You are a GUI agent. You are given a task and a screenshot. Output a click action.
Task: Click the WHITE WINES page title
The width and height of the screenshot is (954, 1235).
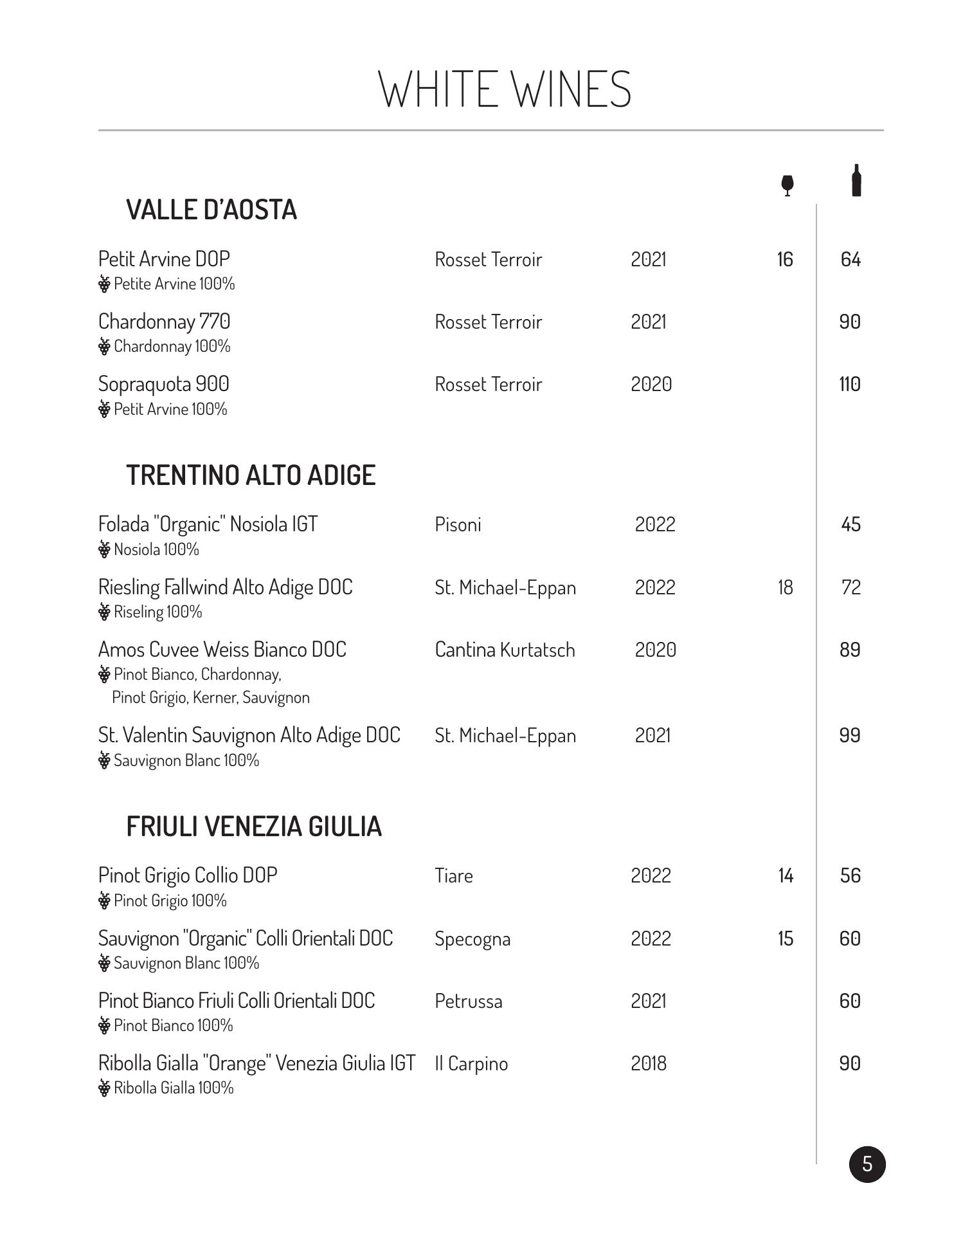click(x=505, y=89)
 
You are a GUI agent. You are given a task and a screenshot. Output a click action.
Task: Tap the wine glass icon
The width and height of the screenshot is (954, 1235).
click(x=787, y=185)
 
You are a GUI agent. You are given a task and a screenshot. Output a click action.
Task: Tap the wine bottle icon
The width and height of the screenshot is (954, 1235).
click(x=856, y=180)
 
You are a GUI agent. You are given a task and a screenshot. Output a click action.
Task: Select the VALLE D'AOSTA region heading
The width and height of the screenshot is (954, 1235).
click(x=212, y=210)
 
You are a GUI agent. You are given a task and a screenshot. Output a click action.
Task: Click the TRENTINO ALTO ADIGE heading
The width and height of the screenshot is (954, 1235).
click(x=251, y=475)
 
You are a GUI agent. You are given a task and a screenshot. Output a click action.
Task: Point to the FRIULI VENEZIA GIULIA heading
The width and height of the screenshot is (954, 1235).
click(x=254, y=827)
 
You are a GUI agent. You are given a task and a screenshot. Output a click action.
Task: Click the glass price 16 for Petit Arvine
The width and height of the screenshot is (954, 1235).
click(x=785, y=259)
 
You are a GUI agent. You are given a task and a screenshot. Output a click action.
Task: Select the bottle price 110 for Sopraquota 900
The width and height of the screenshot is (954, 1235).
click(x=850, y=384)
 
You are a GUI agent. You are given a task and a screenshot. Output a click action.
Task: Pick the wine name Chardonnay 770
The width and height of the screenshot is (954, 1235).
click(x=164, y=322)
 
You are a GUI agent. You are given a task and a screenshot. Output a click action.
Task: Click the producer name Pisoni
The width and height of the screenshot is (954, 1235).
click(x=458, y=525)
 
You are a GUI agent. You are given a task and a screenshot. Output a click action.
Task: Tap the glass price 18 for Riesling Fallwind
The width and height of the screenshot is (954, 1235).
click(x=785, y=587)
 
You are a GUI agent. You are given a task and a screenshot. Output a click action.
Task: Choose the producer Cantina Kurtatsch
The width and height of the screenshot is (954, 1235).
click(x=505, y=650)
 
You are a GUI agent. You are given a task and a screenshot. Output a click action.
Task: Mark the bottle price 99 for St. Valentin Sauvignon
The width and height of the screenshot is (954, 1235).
click(x=850, y=735)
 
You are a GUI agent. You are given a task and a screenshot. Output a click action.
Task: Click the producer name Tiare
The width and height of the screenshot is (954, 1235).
click(x=453, y=876)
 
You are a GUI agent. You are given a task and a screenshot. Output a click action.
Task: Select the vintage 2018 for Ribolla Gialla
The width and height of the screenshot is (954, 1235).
click(x=648, y=1063)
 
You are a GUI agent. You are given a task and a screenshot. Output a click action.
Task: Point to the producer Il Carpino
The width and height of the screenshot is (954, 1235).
click(x=471, y=1064)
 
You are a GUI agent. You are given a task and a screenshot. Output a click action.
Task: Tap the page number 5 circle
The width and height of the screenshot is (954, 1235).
click(x=867, y=1164)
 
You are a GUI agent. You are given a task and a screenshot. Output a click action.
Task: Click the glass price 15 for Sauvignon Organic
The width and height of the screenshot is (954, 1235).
click(x=786, y=938)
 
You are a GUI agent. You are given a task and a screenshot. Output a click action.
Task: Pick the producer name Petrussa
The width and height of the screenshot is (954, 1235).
click(x=468, y=1002)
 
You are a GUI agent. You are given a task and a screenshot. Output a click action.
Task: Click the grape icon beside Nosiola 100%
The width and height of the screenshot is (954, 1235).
click(x=104, y=549)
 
